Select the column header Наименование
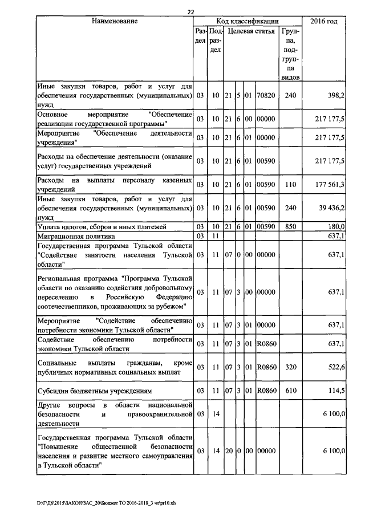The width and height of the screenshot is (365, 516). point(115,21)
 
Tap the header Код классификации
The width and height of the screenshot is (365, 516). point(248,21)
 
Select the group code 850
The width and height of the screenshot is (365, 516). point(290,226)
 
